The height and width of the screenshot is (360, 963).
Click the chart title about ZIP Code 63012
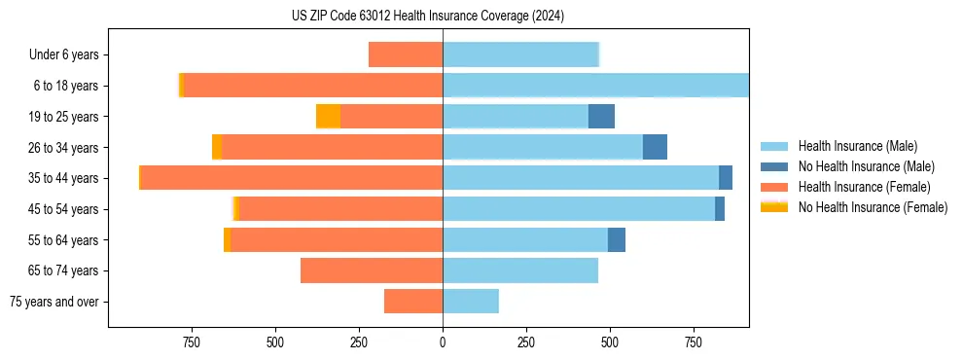(427, 16)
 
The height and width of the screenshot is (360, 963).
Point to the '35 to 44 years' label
(63, 178)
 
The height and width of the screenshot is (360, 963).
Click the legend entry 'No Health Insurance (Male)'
(865, 166)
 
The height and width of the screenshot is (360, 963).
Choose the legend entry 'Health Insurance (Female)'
(865, 187)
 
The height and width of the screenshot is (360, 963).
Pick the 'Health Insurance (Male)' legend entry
(857, 146)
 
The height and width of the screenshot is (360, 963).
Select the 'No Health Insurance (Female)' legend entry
(873, 207)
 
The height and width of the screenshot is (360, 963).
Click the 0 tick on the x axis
(443, 342)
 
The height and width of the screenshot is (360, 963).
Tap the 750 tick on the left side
(191, 342)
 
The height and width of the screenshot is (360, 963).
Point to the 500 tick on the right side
(610, 342)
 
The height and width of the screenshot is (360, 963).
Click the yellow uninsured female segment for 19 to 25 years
(329, 117)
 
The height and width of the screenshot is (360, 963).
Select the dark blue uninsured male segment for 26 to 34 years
(655, 147)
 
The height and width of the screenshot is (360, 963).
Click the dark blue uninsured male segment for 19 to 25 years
(601, 117)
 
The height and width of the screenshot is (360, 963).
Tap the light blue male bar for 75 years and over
(471, 302)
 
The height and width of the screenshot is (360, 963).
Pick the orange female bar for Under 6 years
(406, 54)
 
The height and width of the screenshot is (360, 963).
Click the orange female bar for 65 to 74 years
(372, 270)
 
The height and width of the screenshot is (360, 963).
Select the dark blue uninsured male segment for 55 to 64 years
(617, 239)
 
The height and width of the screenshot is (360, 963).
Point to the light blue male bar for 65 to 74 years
(520, 270)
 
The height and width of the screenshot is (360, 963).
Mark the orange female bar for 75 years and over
(413, 302)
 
